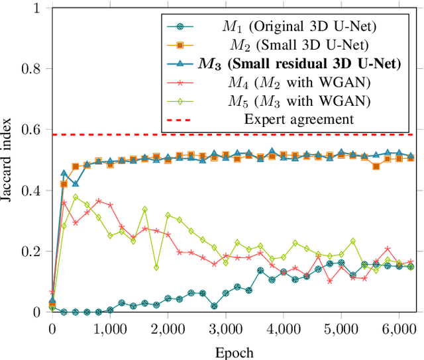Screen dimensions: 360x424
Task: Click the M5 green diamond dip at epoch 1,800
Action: (156, 267)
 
